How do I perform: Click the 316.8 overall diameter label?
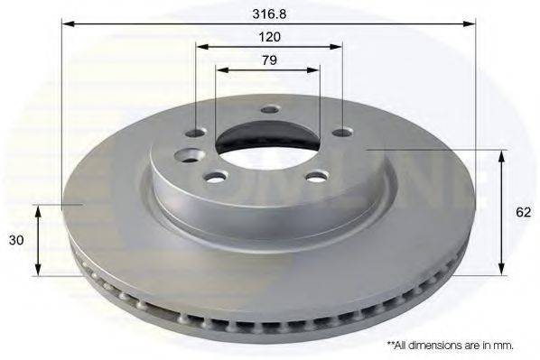click(269, 14)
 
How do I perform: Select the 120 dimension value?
click(269, 37)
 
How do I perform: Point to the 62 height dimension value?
click(522, 214)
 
